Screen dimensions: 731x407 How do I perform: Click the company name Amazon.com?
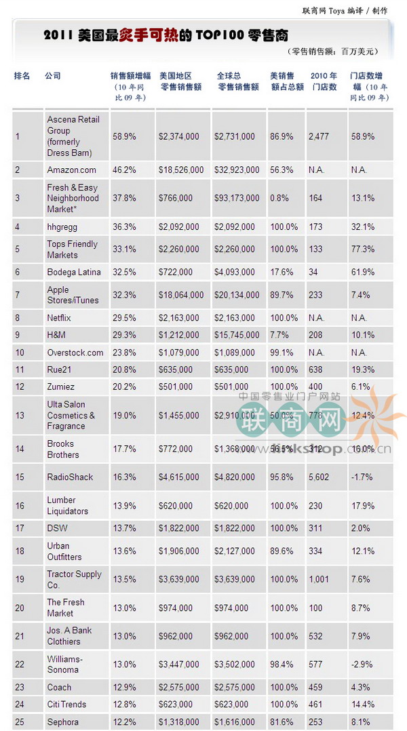[x=71, y=170]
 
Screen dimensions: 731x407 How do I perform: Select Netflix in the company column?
[x=59, y=317]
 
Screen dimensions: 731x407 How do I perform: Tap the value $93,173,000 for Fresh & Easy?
[x=237, y=198]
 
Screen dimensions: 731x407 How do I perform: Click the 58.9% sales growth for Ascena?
[x=124, y=136]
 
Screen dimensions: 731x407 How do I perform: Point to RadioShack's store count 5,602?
[x=318, y=477]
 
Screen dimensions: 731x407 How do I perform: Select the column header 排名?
[x=22, y=76]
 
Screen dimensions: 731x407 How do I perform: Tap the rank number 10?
[x=20, y=353]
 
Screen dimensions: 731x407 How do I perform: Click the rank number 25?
[x=20, y=722]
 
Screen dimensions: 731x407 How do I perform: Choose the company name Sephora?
[x=62, y=722]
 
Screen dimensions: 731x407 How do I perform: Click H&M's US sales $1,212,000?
[x=179, y=334]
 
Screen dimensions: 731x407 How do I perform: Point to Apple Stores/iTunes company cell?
[x=73, y=295]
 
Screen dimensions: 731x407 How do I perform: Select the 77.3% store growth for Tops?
[x=362, y=250]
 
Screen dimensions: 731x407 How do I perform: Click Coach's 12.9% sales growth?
[x=124, y=686]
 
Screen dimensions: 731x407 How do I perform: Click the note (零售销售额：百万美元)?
[x=332, y=52]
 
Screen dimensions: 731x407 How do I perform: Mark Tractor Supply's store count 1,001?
[x=318, y=579]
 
